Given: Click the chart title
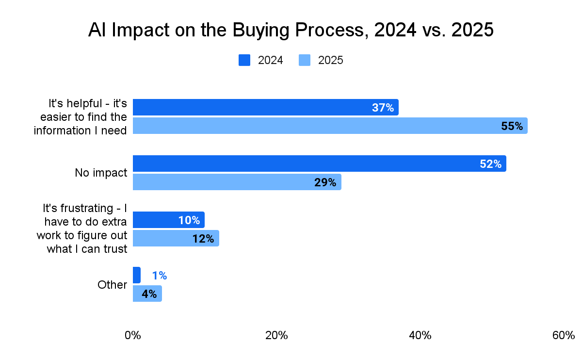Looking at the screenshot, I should [291, 30].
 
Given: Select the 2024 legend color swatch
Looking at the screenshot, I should [244, 60].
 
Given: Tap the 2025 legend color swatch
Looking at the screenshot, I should [304, 60].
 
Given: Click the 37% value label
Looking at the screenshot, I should [383, 108].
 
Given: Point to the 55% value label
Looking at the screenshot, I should [512, 126].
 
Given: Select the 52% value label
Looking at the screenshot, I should [490, 164].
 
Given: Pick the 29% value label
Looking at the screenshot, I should [325, 182].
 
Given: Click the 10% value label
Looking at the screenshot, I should [189, 220].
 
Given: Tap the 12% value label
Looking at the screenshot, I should [203, 239].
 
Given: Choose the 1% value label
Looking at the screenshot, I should [159, 276].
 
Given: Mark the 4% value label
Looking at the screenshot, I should [149, 294].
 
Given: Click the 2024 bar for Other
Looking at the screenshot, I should [136, 275].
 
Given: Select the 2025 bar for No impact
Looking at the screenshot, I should [237, 182].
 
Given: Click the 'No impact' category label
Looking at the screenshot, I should [101, 173].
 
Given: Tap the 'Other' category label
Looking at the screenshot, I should [112, 285].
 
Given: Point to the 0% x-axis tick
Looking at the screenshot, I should [132, 335].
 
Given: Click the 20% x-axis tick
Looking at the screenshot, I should [276, 335].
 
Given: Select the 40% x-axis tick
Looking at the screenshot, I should [420, 335].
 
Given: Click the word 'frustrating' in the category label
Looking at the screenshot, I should [85, 208].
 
